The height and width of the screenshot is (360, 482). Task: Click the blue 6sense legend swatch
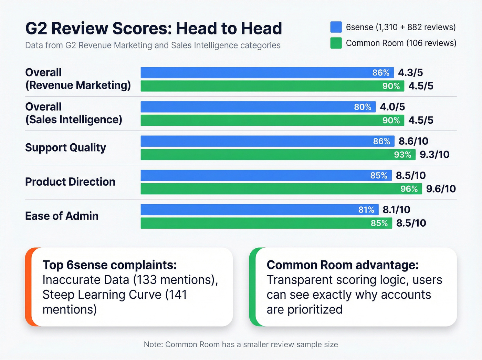(x=336, y=27)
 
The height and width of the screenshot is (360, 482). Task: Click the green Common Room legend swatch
(x=336, y=43)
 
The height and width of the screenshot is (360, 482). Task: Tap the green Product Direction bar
(x=269, y=189)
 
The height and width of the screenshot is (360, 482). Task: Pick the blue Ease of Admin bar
(x=248, y=209)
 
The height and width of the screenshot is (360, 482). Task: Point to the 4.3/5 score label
(x=410, y=73)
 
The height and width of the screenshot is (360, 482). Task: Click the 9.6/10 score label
(x=441, y=189)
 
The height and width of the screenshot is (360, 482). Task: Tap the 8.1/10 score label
(x=396, y=209)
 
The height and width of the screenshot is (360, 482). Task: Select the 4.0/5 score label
(x=392, y=107)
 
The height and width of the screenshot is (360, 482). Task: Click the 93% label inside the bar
(x=402, y=155)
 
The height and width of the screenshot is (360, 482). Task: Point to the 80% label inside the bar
(x=363, y=107)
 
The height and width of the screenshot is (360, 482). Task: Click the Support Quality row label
(x=65, y=148)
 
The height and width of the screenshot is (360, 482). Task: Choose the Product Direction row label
(x=70, y=182)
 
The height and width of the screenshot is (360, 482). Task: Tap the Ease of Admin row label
(x=62, y=216)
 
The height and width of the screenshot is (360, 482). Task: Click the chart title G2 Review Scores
(x=154, y=28)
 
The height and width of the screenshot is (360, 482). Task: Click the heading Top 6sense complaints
(x=109, y=265)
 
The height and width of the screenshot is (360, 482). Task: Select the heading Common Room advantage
(x=343, y=265)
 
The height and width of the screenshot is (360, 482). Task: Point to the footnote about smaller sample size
(x=241, y=344)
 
